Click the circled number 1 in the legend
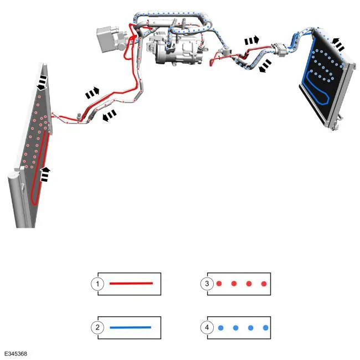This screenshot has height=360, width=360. pyautogui.click(x=97, y=284)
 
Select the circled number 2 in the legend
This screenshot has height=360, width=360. pyautogui.click(x=97, y=327)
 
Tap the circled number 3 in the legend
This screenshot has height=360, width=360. pyautogui.click(x=207, y=284)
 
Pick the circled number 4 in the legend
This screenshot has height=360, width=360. pyautogui.click(x=207, y=327)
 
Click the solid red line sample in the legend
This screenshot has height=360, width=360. pyautogui.click(x=131, y=284)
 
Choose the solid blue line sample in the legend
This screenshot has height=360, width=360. pyautogui.click(x=130, y=327)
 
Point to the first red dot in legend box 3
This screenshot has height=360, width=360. pyautogui.click(x=219, y=284)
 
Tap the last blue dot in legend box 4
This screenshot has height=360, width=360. pyautogui.click(x=266, y=328)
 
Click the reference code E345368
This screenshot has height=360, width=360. pyautogui.click(x=16, y=353)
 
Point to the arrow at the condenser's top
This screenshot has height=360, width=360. pyautogui.click(x=42, y=83)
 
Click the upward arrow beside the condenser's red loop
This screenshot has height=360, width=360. pyautogui.click(x=45, y=174)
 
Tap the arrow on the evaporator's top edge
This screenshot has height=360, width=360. pyautogui.click(x=338, y=44)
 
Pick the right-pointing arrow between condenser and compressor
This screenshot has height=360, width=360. pyautogui.click(x=92, y=92)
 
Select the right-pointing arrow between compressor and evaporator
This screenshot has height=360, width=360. pyautogui.click(x=251, y=40)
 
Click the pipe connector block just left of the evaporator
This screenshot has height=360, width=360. pyautogui.click(x=279, y=49)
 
